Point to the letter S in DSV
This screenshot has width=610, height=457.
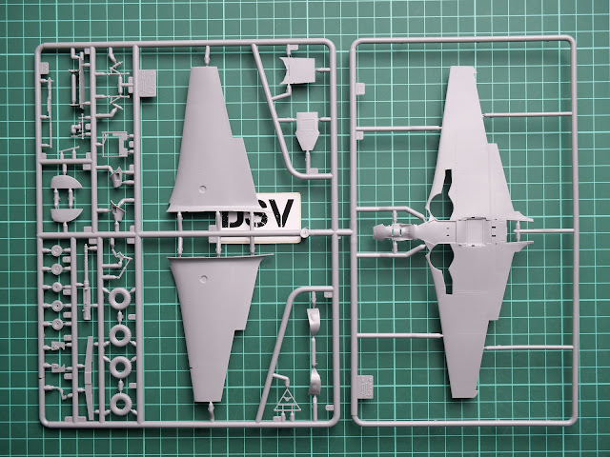point(253,215)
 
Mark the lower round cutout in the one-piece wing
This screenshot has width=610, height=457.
point(440,269)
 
